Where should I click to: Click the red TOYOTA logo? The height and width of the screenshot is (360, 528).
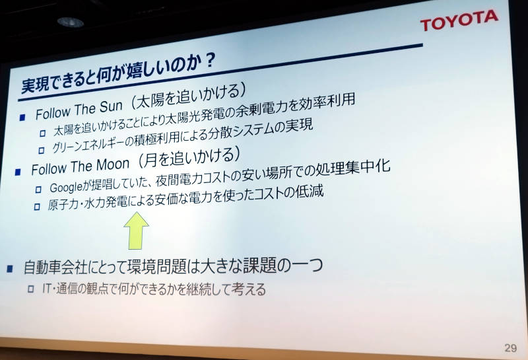(x=459, y=20)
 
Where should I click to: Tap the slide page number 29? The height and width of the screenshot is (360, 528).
(x=510, y=348)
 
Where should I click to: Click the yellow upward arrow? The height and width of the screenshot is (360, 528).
(x=136, y=231)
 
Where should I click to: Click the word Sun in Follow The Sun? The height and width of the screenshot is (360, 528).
(x=111, y=107)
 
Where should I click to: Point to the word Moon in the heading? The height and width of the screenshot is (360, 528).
(x=112, y=164)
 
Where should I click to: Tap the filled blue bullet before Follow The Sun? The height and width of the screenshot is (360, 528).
(x=22, y=118)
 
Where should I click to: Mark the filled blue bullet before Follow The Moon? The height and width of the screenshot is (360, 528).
(x=18, y=172)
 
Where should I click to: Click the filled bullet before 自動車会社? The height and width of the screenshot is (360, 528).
(x=10, y=269)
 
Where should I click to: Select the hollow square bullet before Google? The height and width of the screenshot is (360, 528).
(x=39, y=190)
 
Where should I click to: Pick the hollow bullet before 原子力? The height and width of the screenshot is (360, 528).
(x=37, y=206)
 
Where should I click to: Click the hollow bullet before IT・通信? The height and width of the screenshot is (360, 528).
(x=30, y=289)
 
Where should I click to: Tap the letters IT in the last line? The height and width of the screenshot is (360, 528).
(x=47, y=288)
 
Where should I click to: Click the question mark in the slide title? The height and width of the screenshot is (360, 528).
(x=210, y=61)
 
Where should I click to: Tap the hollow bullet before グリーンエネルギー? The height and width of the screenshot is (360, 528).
(x=42, y=150)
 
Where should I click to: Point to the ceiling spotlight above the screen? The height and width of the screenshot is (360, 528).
(x=71, y=22)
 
